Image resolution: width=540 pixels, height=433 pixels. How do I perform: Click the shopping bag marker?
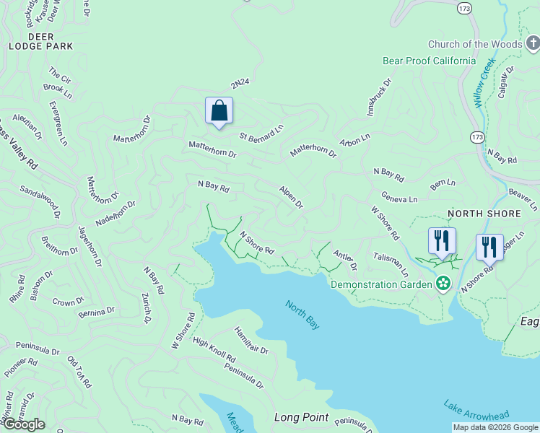coord(219,111)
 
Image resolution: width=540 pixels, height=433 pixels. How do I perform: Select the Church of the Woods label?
coord(484,45)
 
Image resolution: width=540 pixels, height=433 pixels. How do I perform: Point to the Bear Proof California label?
coord(429,61)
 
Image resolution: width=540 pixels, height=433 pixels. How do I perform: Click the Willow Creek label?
coord(487,81)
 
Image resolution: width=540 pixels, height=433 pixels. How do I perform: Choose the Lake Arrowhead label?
coord(476,414)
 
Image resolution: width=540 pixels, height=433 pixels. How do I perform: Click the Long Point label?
coord(301,417)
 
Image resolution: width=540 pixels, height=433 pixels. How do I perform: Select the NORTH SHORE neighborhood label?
coord(484,214)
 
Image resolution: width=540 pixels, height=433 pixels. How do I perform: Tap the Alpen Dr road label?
coord(291,197)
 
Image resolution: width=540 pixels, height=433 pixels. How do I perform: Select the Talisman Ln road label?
coord(391,266)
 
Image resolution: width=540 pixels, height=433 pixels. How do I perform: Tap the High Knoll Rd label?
coord(214,351)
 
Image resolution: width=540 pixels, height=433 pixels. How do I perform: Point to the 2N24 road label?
coord(240,83)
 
